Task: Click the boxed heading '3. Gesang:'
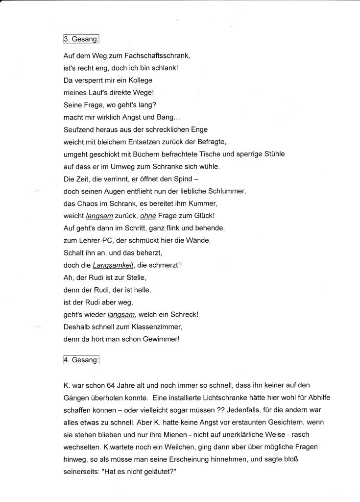click(81, 39)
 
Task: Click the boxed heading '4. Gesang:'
click(81, 360)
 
